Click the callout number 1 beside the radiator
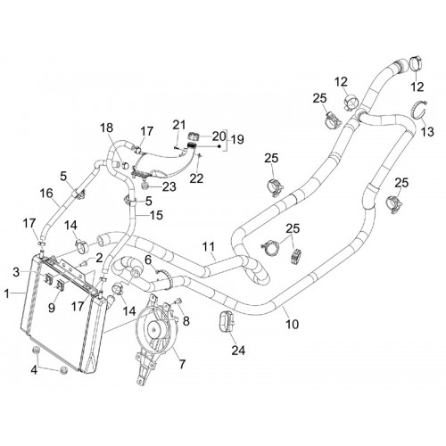7,294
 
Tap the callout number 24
238,351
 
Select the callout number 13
427,131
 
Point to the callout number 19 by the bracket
237,139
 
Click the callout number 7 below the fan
182,364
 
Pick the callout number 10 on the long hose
292,324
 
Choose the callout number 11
209,247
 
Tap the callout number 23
169,187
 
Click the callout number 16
46,194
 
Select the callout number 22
197,178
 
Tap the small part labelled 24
227,322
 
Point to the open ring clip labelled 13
419,110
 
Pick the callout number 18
107,128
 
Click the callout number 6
148,260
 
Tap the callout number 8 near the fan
186,321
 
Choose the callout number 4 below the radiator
34,370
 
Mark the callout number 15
156,215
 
